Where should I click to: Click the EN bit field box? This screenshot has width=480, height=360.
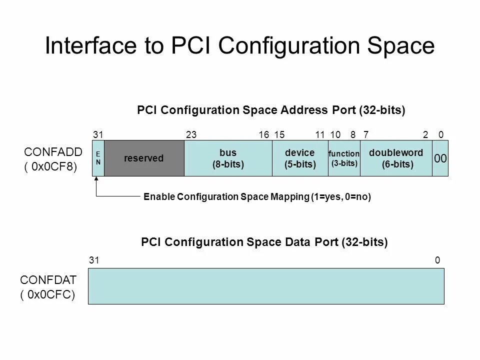[x=98, y=158]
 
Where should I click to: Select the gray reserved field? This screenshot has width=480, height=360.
[x=144, y=158]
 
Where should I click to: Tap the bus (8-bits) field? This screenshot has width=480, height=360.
[x=228, y=158]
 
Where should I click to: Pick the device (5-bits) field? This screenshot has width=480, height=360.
[x=300, y=158]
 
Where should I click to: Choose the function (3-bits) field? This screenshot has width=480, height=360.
[x=344, y=158]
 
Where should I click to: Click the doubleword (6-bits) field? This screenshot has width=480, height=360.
[x=395, y=158]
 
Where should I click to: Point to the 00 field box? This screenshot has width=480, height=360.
[x=440, y=158]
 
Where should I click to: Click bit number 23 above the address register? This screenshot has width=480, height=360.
[x=191, y=134]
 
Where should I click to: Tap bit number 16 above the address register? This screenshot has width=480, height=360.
[x=264, y=134]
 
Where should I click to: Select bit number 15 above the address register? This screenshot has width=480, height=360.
[x=279, y=134]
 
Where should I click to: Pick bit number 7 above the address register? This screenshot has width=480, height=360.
[x=366, y=134]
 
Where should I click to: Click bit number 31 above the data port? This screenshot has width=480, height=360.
[x=93, y=260]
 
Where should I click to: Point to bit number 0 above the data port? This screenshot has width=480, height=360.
[x=437, y=260]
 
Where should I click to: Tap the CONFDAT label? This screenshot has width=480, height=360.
[x=48, y=280]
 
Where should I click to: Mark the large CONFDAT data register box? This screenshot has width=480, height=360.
[x=266, y=285]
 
